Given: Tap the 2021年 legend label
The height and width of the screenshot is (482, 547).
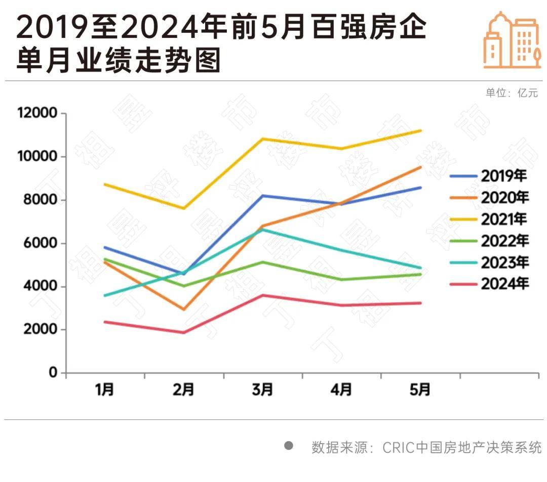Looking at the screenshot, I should (x=504, y=219).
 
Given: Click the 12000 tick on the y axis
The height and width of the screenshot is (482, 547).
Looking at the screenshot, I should (x=37, y=113).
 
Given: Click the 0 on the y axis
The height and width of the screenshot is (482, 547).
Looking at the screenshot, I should (x=53, y=373).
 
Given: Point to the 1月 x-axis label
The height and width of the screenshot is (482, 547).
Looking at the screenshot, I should (x=105, y=390).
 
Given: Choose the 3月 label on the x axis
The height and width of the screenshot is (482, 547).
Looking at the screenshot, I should (x=262, y=390).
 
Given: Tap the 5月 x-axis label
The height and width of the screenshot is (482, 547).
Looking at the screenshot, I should (x=420, y=390).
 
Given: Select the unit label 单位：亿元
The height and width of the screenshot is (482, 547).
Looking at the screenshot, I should (x=512, y=93).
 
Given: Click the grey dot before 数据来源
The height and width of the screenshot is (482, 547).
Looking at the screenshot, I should (x=289, y=446).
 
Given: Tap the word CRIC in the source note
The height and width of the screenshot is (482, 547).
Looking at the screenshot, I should (x=398, y=448).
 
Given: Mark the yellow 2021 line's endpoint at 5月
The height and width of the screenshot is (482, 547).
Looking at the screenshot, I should (x=420, y=130).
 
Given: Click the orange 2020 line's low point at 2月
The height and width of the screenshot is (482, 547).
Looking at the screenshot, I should (x=183, y=310).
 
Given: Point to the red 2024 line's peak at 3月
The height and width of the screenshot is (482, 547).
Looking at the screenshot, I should (x=262, y=295).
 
